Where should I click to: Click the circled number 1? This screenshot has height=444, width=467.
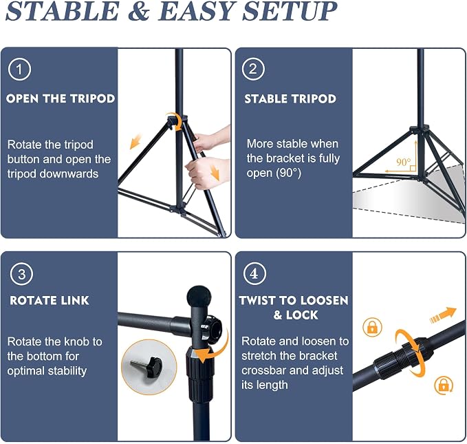pos(19,70)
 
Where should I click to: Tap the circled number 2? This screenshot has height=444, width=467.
pos(253,69)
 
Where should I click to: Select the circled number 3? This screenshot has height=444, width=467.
pos(21,274)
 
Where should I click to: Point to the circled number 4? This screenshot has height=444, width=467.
pos(254,273)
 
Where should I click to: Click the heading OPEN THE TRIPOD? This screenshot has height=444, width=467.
pos(61,98)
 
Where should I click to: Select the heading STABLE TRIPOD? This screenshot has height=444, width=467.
pos(290,98)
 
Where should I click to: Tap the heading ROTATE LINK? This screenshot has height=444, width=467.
pos(50,300)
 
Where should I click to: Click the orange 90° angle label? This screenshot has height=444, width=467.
pos(403,162)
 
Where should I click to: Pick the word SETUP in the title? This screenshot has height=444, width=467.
pos(290,11)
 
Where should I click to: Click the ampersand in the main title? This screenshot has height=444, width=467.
pos(138,11)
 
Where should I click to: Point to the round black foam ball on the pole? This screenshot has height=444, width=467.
pos(199,297)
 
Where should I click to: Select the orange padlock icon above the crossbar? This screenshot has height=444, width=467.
pos(372,327)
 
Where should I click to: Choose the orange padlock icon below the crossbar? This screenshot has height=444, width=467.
pos(444,385)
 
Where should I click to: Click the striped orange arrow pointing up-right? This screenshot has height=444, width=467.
pos(443,315)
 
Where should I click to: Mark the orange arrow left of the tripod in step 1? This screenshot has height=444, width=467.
pos(135,141)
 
